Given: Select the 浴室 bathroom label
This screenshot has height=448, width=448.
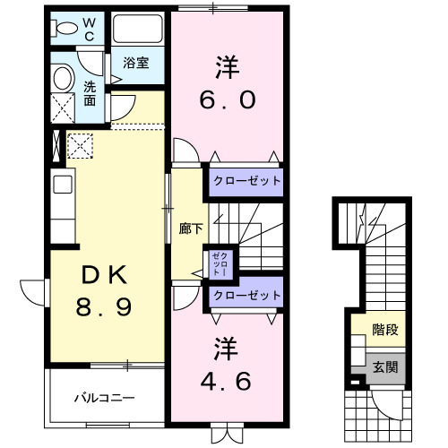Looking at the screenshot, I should (136, 65).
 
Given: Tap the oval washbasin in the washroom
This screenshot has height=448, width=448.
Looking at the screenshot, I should (62, 78).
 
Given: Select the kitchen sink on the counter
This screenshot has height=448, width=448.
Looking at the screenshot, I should (62, 185).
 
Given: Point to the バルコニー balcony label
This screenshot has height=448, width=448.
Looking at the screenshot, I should (104, 397).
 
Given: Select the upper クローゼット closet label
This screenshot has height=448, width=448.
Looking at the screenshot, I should (246, 181).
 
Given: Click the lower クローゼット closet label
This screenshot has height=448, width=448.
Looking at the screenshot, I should (246, 296).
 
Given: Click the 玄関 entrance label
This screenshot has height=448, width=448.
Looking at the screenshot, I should (384, 366).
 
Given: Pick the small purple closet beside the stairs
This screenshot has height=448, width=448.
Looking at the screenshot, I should (220, 263).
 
